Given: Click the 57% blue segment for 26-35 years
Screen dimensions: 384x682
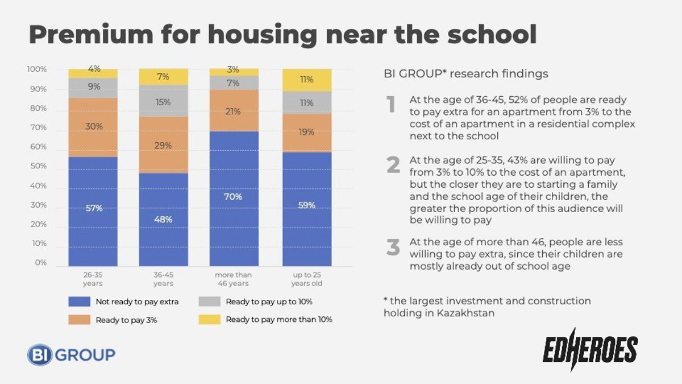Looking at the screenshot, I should click(93, 210).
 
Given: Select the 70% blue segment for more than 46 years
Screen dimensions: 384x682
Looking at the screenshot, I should click(234, 199).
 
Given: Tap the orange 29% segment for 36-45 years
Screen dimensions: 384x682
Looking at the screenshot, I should click(163, 145).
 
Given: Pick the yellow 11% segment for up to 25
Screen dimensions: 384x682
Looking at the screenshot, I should click(307, 80).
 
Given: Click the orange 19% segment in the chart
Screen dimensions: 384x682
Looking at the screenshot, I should click(307, 133).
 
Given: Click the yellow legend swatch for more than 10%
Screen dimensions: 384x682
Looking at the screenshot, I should click(209, 320).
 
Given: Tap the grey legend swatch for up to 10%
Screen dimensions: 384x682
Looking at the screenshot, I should click(209, 302).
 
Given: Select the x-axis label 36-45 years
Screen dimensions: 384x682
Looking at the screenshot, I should click(163, 279).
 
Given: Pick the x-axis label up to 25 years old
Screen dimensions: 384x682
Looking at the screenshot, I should click(307, 279).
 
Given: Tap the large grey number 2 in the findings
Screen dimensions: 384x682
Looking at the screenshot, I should click(393, 164).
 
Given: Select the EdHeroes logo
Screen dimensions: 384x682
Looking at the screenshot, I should click(590, 349).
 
